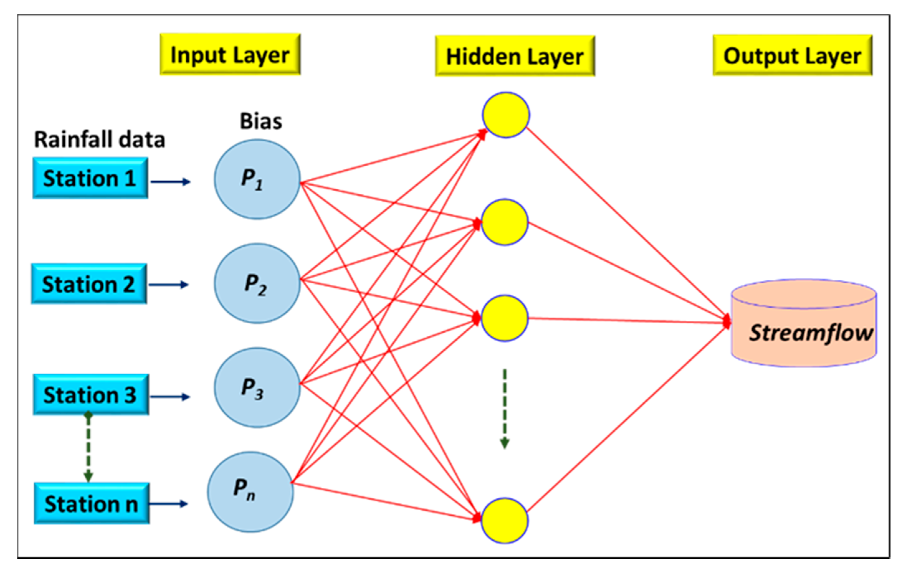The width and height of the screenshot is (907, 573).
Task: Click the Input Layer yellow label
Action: [230, 54]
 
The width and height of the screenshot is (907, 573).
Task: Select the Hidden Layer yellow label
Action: [515, 56]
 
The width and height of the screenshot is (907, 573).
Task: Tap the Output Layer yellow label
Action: [792, 56]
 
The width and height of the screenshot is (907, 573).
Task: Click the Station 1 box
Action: [90, 178]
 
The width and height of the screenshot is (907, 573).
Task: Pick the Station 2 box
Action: [89, 284]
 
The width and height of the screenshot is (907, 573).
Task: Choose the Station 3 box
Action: [91, 395]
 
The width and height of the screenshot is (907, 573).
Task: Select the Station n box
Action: [92, 503]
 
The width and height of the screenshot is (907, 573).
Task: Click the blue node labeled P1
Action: [257, 179]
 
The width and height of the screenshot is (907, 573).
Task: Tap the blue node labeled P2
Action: [257, 283]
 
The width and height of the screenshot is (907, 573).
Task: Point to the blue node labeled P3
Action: [257, 387]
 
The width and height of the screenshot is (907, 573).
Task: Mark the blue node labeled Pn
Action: [250, 492]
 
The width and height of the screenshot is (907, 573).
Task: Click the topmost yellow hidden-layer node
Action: [506, 115]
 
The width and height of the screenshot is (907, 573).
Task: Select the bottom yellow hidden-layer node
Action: [504, 521]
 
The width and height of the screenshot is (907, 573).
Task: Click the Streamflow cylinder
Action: [804, 324]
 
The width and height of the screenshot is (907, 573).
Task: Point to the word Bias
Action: [261, 121]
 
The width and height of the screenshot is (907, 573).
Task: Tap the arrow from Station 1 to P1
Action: [170, 182]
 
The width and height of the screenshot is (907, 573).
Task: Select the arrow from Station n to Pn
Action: [169, 504]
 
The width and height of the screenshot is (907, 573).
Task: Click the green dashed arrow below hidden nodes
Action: [505, 409]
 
